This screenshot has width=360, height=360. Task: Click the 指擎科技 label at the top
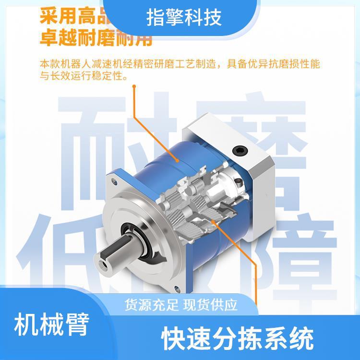click(183, 18)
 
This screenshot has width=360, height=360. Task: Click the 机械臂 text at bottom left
click(52, 325)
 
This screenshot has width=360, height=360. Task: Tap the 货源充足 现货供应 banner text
click(181, 305)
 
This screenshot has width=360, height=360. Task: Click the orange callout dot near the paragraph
click(135, 87)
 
